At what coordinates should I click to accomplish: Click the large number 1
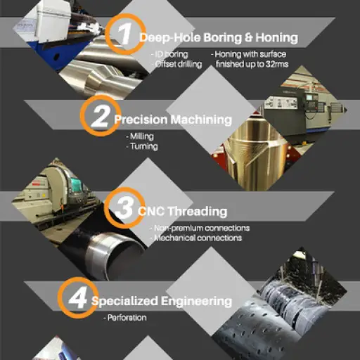pos(125,33)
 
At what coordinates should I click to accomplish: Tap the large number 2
pos(101,116)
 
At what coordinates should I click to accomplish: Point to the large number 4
pos(78,298)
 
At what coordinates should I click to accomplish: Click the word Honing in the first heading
pos(277,38)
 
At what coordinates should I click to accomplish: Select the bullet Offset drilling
pos(177,64)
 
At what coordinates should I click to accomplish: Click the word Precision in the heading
pos(141,120)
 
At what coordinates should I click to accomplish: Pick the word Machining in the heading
pos(201,120)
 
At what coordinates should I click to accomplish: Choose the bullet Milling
pos(140,136)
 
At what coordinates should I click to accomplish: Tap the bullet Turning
pos(142,146)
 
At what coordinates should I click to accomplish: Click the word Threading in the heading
pos(198,211)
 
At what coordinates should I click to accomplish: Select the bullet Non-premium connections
pos(200,228)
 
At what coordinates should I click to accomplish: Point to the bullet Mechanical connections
pos(196,238)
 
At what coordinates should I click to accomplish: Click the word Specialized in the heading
pos(124,301)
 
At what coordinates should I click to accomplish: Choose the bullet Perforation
pos(125,318)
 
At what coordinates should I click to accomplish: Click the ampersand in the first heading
pos(249,37)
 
